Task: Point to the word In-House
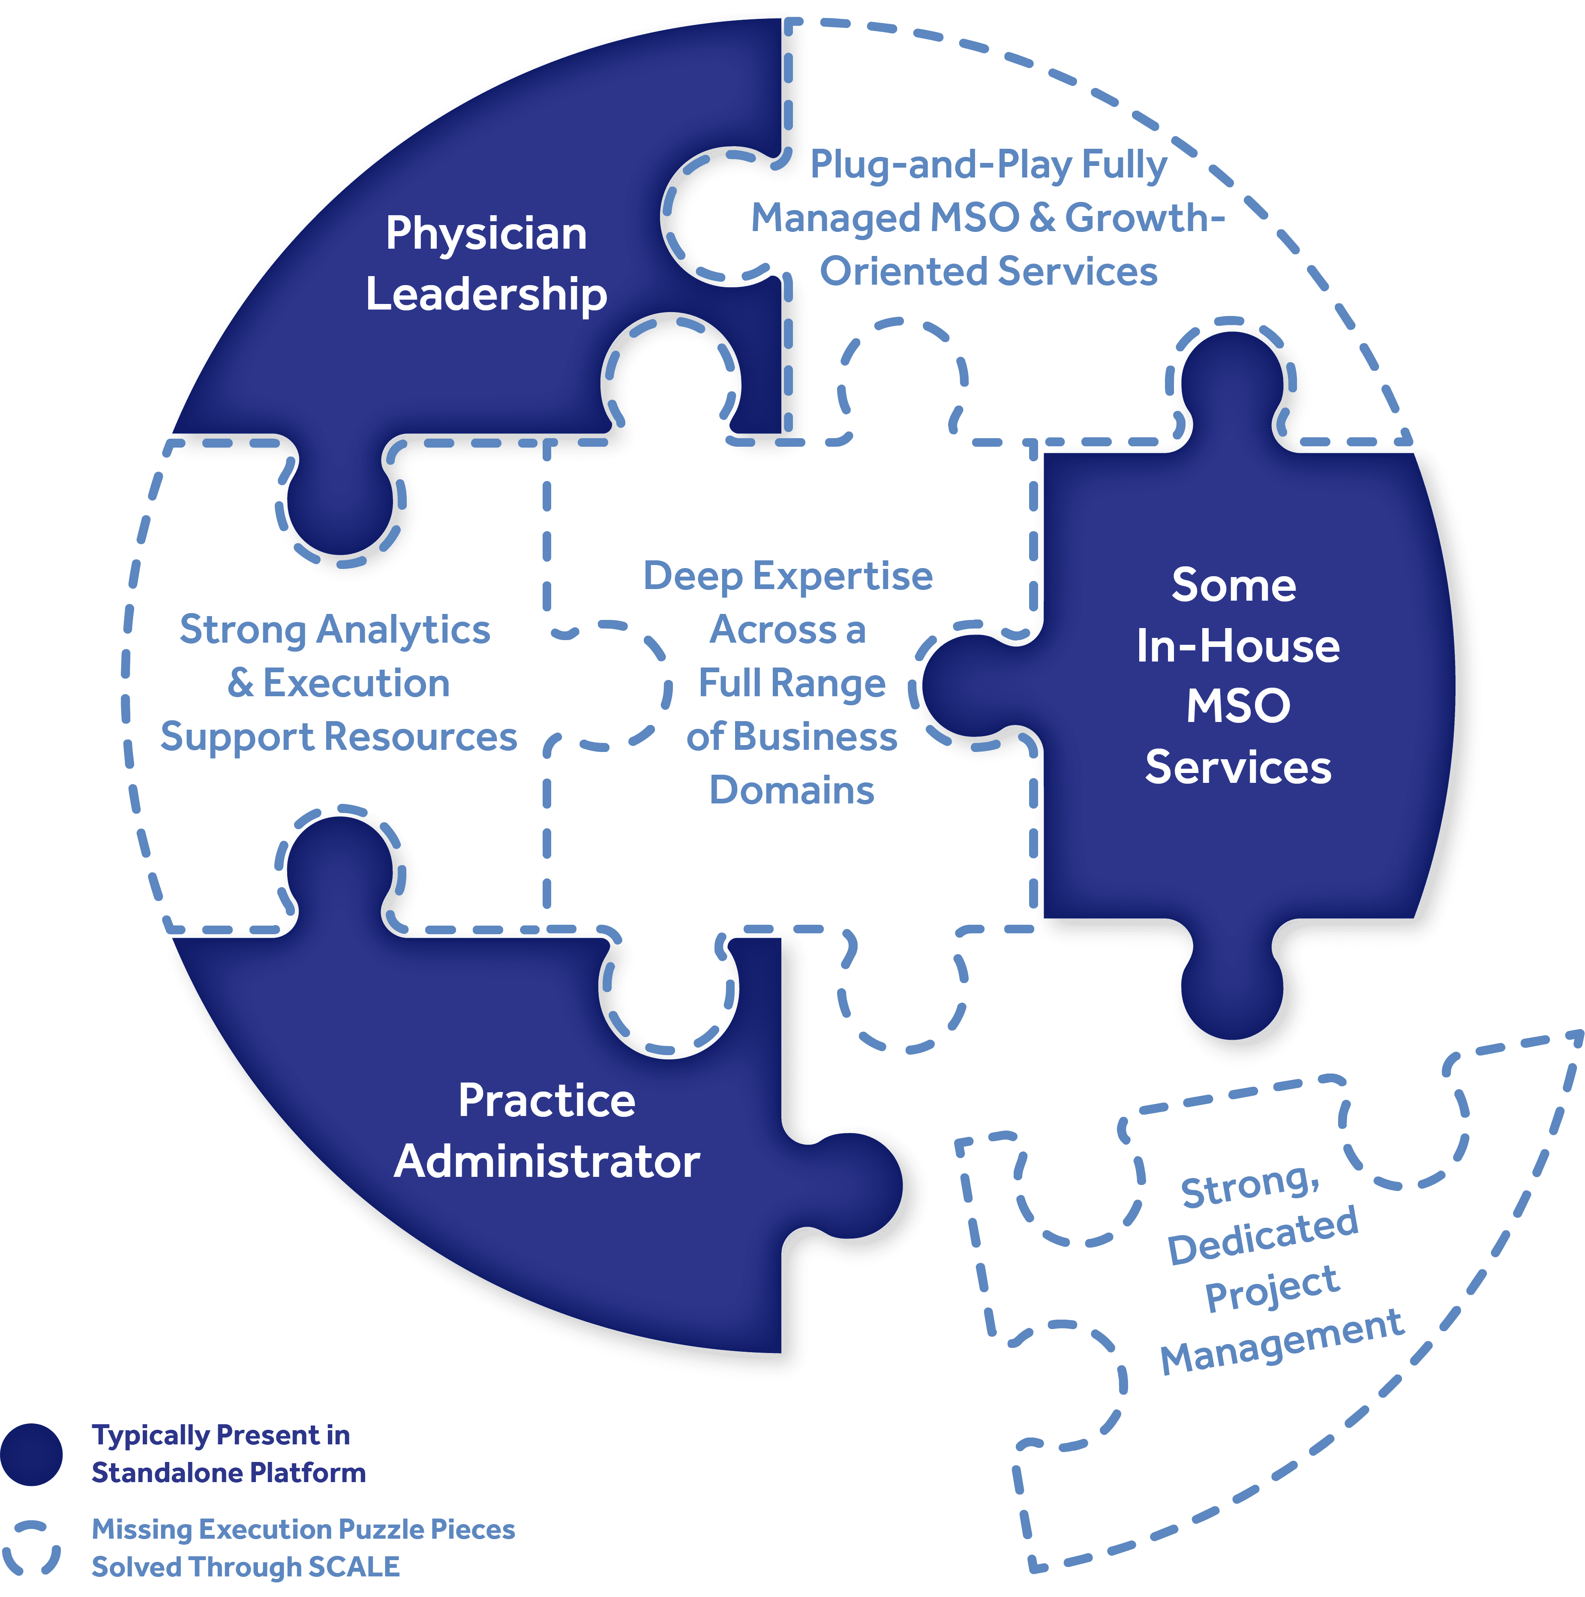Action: [1237, 646]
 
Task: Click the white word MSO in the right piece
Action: [1237, 707]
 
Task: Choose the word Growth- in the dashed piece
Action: [1144, 218]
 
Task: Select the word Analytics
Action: [404, 630]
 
